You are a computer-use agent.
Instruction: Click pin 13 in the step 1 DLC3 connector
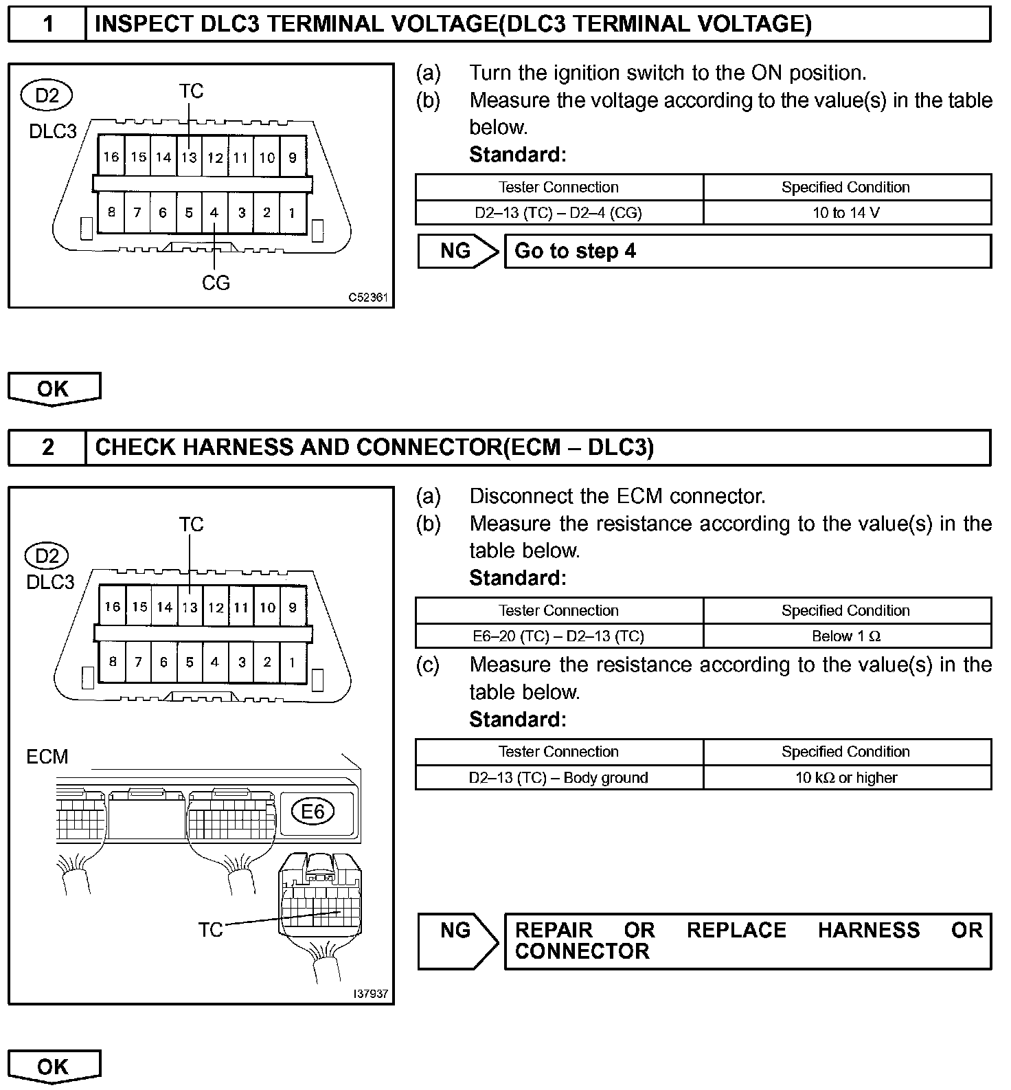190,157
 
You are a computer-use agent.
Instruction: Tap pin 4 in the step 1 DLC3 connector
214,213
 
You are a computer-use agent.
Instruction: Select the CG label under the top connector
216,282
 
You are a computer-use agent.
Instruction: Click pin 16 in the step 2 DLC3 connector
113,607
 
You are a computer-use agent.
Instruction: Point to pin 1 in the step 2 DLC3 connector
293,663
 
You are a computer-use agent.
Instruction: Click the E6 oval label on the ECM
313,812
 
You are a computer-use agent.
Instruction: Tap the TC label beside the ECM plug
210,930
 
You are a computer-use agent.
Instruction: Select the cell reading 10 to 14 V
847,213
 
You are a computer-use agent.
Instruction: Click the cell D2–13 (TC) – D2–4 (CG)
559,213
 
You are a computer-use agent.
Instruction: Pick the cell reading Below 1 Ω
847,636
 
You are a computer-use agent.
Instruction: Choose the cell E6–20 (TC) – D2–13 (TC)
559,636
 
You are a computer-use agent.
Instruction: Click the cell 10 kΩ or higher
847,778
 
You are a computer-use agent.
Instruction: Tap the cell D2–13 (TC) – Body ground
559,778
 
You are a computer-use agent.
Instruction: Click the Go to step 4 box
747,252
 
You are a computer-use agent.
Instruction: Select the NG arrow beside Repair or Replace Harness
457,941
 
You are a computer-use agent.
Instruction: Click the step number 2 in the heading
47,447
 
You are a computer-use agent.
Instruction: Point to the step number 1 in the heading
47,25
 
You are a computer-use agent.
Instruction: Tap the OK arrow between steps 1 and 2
54,389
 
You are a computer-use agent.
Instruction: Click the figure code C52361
368,298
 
